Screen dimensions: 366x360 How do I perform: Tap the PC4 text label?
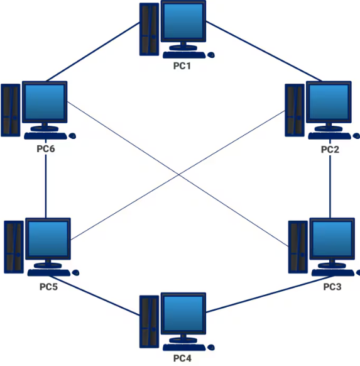pos(182,358)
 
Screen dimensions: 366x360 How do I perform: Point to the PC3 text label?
pos(332,287)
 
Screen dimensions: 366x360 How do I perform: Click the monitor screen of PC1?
pos(183,22)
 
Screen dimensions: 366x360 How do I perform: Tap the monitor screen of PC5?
pos(48,240)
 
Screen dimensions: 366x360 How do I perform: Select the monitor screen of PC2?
pos(327,103)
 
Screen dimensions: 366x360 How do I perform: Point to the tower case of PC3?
pos(297,246)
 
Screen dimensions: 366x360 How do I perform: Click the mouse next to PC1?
pos(212,55)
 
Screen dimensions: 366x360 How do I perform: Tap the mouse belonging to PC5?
pos(76,273)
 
